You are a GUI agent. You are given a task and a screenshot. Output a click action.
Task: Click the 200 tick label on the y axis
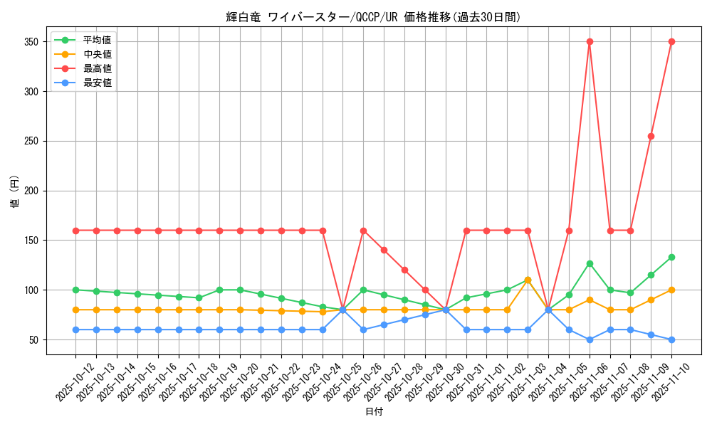(33, 191)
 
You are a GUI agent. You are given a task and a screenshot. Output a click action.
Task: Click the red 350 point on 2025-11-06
(590, 42)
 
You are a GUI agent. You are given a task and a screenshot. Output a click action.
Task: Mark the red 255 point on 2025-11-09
(651, 136)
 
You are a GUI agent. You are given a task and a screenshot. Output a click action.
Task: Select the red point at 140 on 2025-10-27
(384, 251)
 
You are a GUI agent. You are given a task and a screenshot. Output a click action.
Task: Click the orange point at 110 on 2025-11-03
(528, 280)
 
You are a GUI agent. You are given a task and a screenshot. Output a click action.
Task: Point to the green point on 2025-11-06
(590, 263)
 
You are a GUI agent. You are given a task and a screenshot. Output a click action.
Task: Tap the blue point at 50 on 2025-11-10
(671, 340)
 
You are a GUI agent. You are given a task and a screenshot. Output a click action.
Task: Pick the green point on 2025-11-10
(671, 257)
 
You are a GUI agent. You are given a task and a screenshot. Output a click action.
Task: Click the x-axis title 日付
(374, 412)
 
